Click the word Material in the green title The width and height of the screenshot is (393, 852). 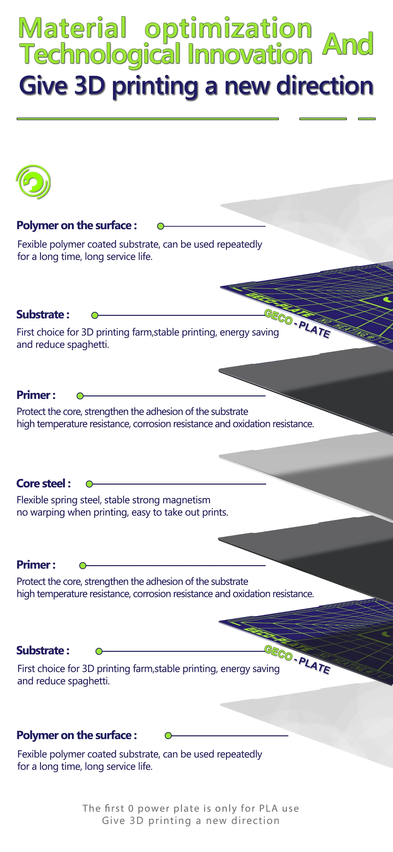(x=72, y=28)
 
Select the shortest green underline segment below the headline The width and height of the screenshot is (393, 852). (x=366, y=118)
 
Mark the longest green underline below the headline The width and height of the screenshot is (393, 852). (x=148, y=118)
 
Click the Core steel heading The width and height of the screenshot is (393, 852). (x=43, y=484)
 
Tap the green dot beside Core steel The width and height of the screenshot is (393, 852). (x=89, y=484)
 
